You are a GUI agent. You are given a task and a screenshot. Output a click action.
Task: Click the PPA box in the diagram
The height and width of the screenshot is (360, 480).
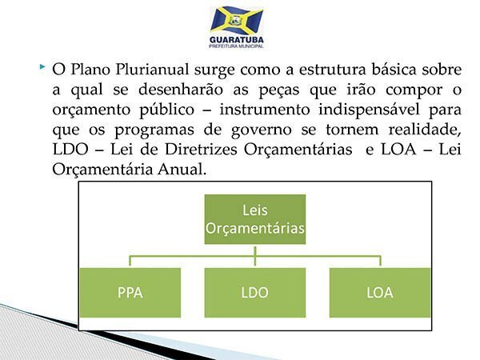click(x=130, y=293)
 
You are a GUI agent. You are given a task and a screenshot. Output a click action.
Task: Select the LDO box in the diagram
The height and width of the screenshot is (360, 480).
click(x=255, y=293)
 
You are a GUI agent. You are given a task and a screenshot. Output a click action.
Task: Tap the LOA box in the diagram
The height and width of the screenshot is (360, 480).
click(x=380, y=293)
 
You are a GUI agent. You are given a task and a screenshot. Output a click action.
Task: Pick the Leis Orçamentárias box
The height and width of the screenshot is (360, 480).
click(x=255, y=219)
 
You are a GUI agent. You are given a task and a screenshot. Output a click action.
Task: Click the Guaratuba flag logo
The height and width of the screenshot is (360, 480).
click(x=237, y=21)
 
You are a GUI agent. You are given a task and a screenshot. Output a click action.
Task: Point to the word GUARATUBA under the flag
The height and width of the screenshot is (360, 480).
click(x=237, y=40)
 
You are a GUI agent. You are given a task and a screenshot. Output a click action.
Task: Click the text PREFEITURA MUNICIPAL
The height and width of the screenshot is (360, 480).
click(x=237, y=46)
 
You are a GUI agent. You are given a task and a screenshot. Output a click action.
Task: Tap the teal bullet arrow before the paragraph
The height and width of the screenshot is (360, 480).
click(x=42, y=66)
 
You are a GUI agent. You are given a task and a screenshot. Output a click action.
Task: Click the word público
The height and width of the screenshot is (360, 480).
click(x=167, y=110)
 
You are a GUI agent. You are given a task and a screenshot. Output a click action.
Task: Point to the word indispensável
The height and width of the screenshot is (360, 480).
click(x=369, y=110)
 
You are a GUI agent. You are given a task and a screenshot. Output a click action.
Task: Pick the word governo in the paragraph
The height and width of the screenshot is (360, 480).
click(x=261, y=130)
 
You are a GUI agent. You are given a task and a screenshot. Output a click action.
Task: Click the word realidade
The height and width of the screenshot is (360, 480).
click(x=425, y=129)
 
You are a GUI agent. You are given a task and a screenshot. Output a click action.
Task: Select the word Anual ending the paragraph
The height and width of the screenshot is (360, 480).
click(x=182, y=170)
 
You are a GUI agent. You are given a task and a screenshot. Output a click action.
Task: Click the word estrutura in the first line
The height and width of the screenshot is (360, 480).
click(x=332, y=70)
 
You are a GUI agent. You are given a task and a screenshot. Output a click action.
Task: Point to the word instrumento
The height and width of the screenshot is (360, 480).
click(x=265, y=110)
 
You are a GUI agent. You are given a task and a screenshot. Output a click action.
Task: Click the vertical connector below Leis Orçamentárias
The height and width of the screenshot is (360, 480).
click(x=255, y=256)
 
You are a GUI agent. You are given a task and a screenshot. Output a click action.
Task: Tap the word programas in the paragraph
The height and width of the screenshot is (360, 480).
click(x=154, y=130)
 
